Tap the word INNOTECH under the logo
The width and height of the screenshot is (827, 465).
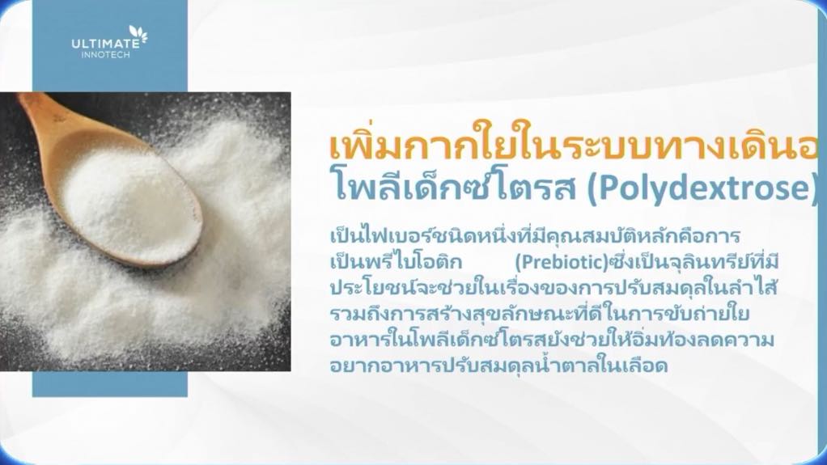[x=105, y=55]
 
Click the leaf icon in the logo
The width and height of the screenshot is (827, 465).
[x=138, y=35]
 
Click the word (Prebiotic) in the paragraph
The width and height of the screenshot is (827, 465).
[x=562, y=262]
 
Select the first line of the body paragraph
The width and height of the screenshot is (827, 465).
[x=535, y=235]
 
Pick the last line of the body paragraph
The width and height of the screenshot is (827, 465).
[x=499, y=366]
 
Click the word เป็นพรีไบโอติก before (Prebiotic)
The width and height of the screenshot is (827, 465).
[x=396, y=261]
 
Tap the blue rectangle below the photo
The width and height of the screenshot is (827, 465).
[x=110, y=384]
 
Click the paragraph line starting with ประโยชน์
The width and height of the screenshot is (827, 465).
[x=554, y=288]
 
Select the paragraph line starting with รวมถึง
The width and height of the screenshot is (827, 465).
[x=540, y=314]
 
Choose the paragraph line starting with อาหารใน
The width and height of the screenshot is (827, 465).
[x=552, y=340]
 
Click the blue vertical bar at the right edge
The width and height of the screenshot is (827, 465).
[x=821, y=232]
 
